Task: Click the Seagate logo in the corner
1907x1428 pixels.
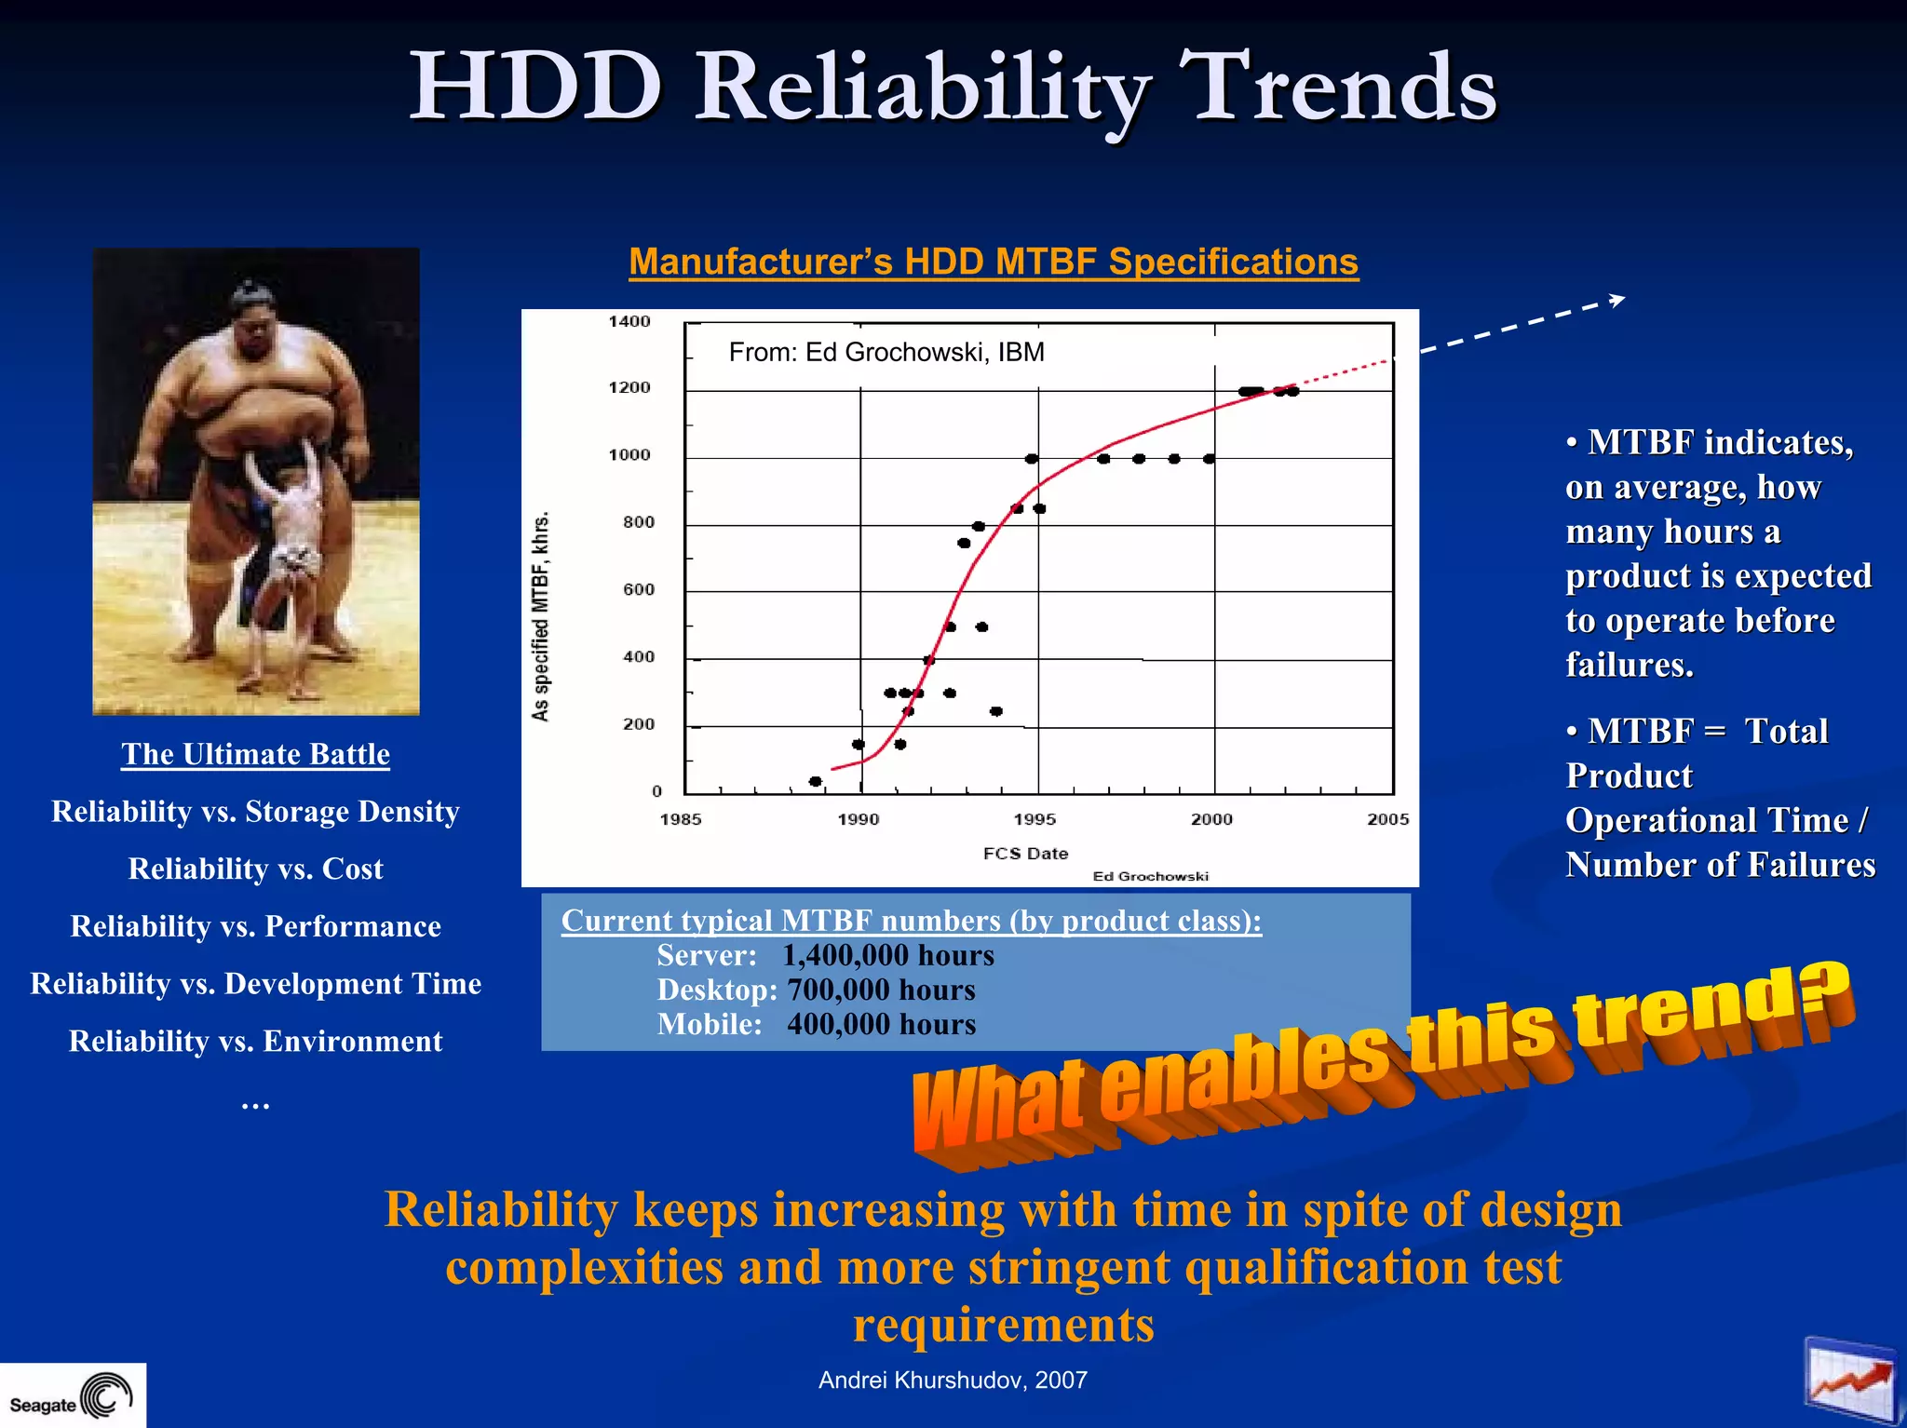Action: (73, 1396)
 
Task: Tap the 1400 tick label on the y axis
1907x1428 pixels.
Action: (629, 322)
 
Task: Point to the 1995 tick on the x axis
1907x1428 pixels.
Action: (1035, 819)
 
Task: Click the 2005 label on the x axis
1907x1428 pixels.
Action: (1387, 819)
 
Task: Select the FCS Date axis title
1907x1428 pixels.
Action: (1025, 854)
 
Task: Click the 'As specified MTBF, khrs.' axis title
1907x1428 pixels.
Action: (541, 616)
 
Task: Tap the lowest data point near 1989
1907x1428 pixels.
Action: (816, 781)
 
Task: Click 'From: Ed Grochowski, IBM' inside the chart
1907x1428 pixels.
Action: (886, 353)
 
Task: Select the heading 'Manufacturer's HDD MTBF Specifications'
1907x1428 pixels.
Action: (994, 263)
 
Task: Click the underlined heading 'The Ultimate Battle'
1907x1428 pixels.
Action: (255, 754)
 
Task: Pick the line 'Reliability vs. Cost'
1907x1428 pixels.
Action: (255, 869)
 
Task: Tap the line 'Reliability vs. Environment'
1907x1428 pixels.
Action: (255, 1041)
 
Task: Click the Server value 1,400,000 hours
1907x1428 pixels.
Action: (887, 955)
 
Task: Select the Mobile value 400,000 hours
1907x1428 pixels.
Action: (881, 1024)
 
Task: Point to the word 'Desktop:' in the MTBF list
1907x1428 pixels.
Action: (717, 990)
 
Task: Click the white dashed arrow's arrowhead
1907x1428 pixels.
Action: (1618, 300)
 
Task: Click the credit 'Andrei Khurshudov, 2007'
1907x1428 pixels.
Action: (953, 1380)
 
